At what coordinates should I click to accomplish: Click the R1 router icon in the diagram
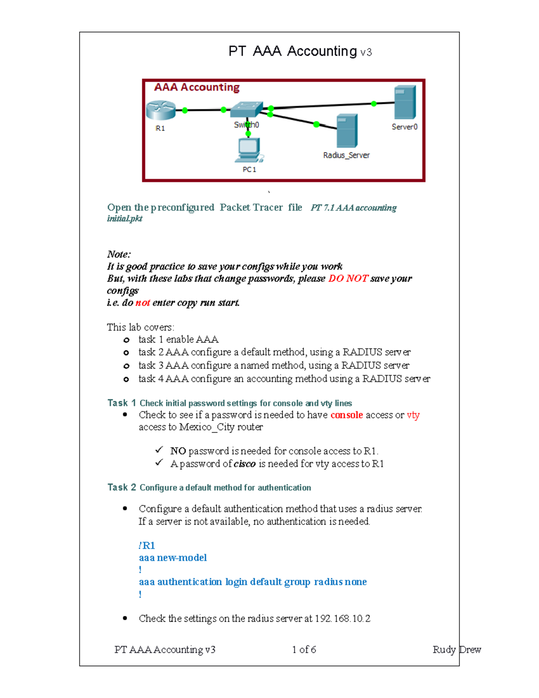[x=160, y=110]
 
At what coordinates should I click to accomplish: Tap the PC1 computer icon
[x=249, y=150]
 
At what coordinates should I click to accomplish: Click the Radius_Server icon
[x=347, y=131]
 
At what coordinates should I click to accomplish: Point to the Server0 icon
[x=405, y=102]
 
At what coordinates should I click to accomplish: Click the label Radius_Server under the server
[x=346, y=155]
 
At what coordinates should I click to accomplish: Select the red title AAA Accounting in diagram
[x=197, y=87]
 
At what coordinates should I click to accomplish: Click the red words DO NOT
[x=348, y=279]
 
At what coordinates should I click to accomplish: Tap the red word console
[x=346, y=415]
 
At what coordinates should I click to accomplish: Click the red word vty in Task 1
[x=413, y=415]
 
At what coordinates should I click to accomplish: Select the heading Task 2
[x=121, y=487]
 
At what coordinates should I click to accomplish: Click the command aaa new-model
[x=172, y=558]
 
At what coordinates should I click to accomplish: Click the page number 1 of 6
[x=304, y=649]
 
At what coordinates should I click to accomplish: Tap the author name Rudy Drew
[x=456, y=649]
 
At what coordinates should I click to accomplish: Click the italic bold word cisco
[x=245, y=464]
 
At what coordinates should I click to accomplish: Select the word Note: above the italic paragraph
[x=119, y=254]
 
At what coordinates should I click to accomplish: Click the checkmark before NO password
[x=159, y=450]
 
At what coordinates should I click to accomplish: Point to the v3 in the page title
[x=366, y=53]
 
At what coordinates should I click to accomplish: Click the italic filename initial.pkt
[x=124, y=218]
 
